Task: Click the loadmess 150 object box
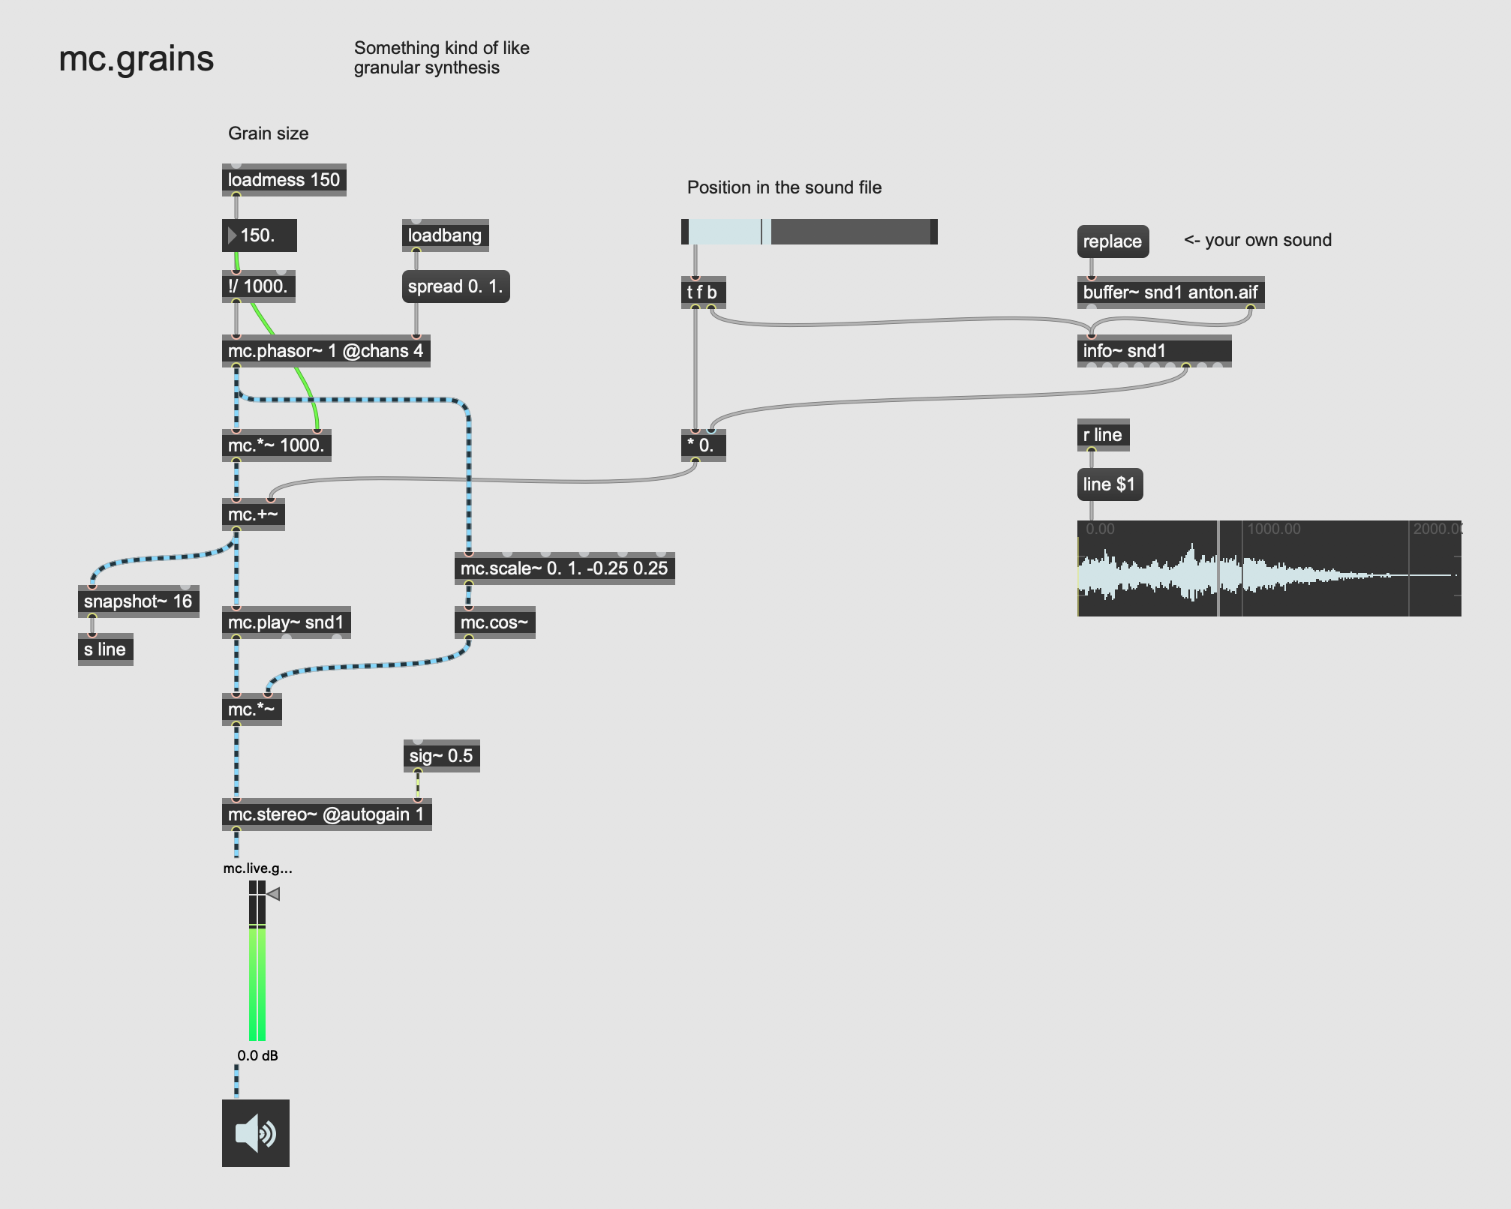click(x=284, y=180)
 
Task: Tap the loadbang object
click(x=445, y=235)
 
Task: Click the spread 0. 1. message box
click(x=455, y=286)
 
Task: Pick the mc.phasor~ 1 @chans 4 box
click(x=326, y=351)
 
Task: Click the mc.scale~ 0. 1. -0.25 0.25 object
click(x=563, y=568)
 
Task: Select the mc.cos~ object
click(x=494, y=622)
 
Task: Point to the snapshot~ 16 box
click(x=138, y=601)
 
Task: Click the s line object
click(x=105, y=649)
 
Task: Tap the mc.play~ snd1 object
click(x=286, y=622)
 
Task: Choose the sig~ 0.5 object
click(x=441, y=756)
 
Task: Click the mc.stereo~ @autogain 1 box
click(x=326, y=814)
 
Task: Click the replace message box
click(x=1112, y=241)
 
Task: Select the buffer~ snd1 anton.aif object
click(x=1170, y=292)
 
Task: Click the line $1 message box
click(x=1109, y=484)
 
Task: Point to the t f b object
click(x=702, y=292)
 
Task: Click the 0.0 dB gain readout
click(x=257, y=1055)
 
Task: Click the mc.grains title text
click(x=137, y=58)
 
